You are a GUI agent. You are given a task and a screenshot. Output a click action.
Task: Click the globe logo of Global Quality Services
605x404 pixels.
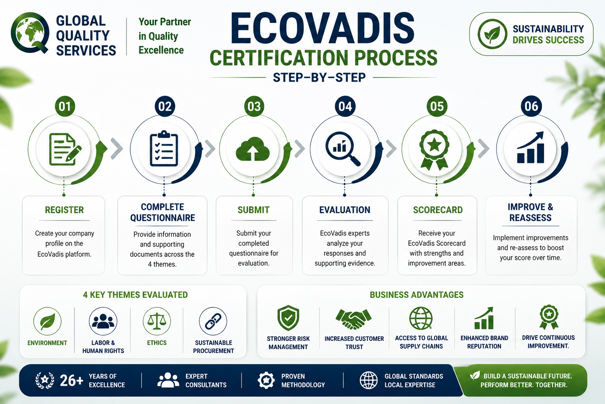pos(30,32)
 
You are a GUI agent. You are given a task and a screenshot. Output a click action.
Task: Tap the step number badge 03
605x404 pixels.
pos(254,107)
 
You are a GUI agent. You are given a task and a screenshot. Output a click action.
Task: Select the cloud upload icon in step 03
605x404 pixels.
pos(253,149)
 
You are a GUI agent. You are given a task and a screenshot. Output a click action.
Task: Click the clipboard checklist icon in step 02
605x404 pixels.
pos(164,149)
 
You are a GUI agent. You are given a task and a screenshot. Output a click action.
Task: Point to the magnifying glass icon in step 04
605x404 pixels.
pos(343,149)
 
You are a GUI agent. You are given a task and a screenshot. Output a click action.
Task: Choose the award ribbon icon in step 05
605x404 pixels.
pos(434,150)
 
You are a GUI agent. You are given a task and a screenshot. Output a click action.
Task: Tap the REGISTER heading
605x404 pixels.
pos(64,210)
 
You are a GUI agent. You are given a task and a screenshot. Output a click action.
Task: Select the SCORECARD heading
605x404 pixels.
pos(438,210)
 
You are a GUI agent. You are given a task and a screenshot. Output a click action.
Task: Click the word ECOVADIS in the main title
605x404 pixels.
pos(322,28)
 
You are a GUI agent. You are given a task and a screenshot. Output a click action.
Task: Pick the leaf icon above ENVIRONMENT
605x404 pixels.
pos(47,321)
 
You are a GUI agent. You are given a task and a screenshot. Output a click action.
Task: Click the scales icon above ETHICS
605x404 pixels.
pos(157,321)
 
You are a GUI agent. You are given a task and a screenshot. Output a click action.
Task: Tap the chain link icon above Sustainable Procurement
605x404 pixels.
pos(213,321)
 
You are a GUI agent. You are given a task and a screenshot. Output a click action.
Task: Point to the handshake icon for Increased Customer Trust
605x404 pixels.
pos(354,319)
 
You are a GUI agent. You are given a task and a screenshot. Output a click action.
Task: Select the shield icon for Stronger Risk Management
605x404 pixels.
pos(288,318)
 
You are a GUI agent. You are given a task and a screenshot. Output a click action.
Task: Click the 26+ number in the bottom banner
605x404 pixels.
pos(71,380)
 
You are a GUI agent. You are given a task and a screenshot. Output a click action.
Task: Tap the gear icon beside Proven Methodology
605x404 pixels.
pos(266,380)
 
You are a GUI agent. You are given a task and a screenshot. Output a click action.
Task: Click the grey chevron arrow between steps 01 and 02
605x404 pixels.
pos(117,149)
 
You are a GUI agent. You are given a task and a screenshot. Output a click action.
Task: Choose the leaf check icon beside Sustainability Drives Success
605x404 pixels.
pos(492,34)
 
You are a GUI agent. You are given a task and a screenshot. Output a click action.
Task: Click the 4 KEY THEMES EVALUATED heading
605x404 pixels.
pos(135,295)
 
